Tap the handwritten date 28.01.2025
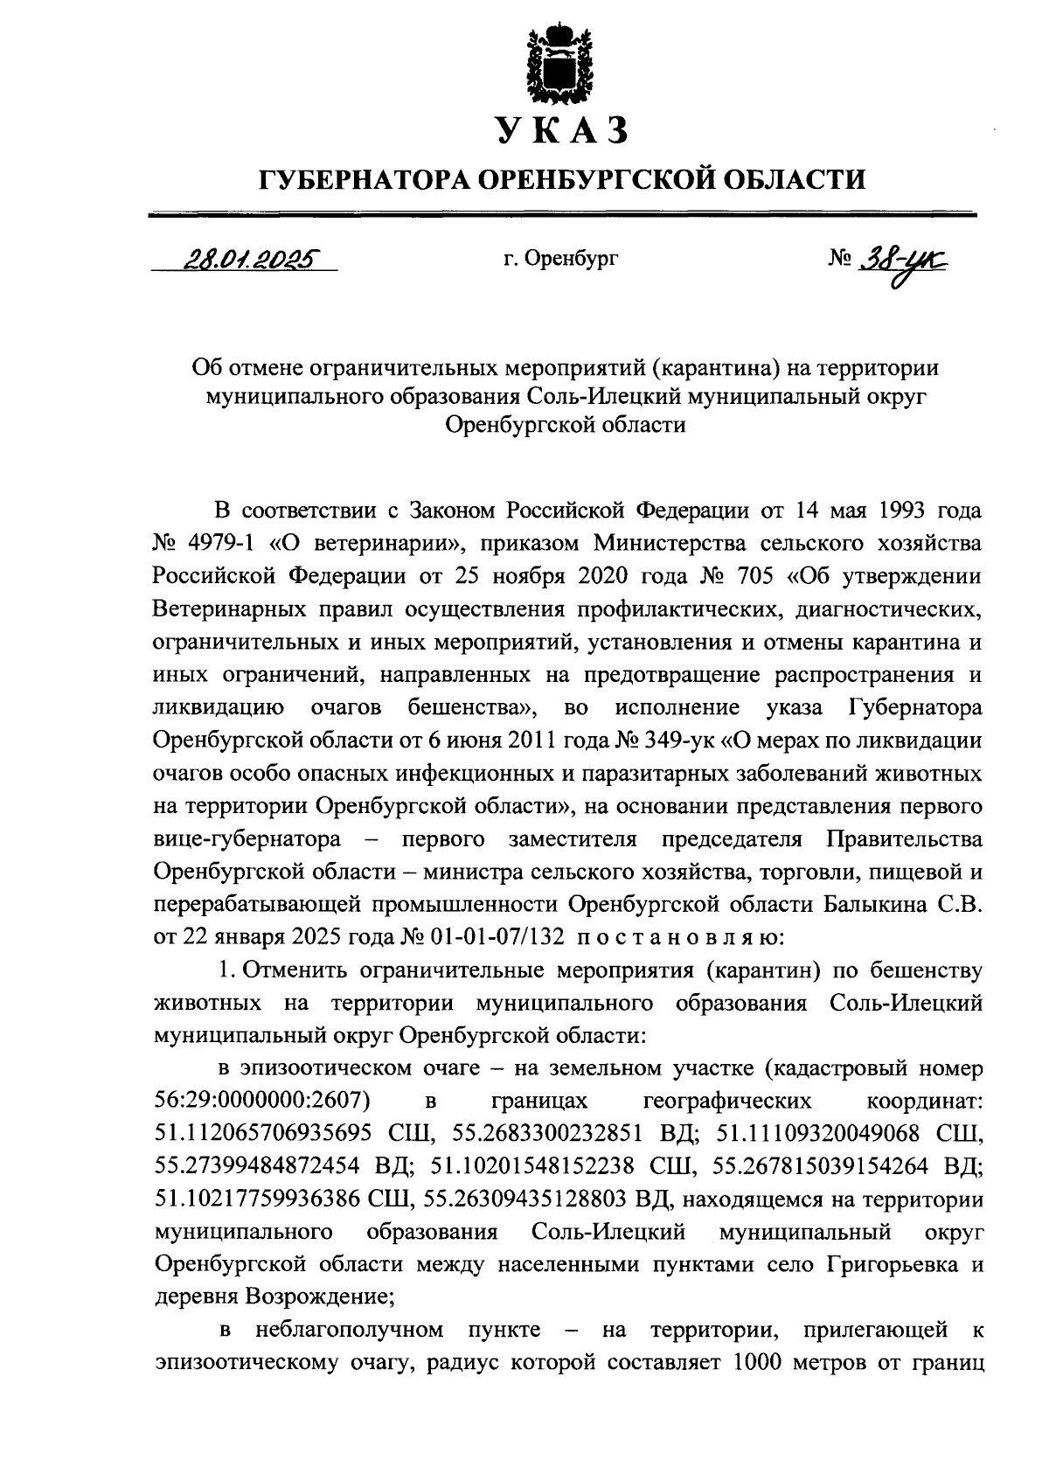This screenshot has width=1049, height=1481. tap(247, 260)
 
